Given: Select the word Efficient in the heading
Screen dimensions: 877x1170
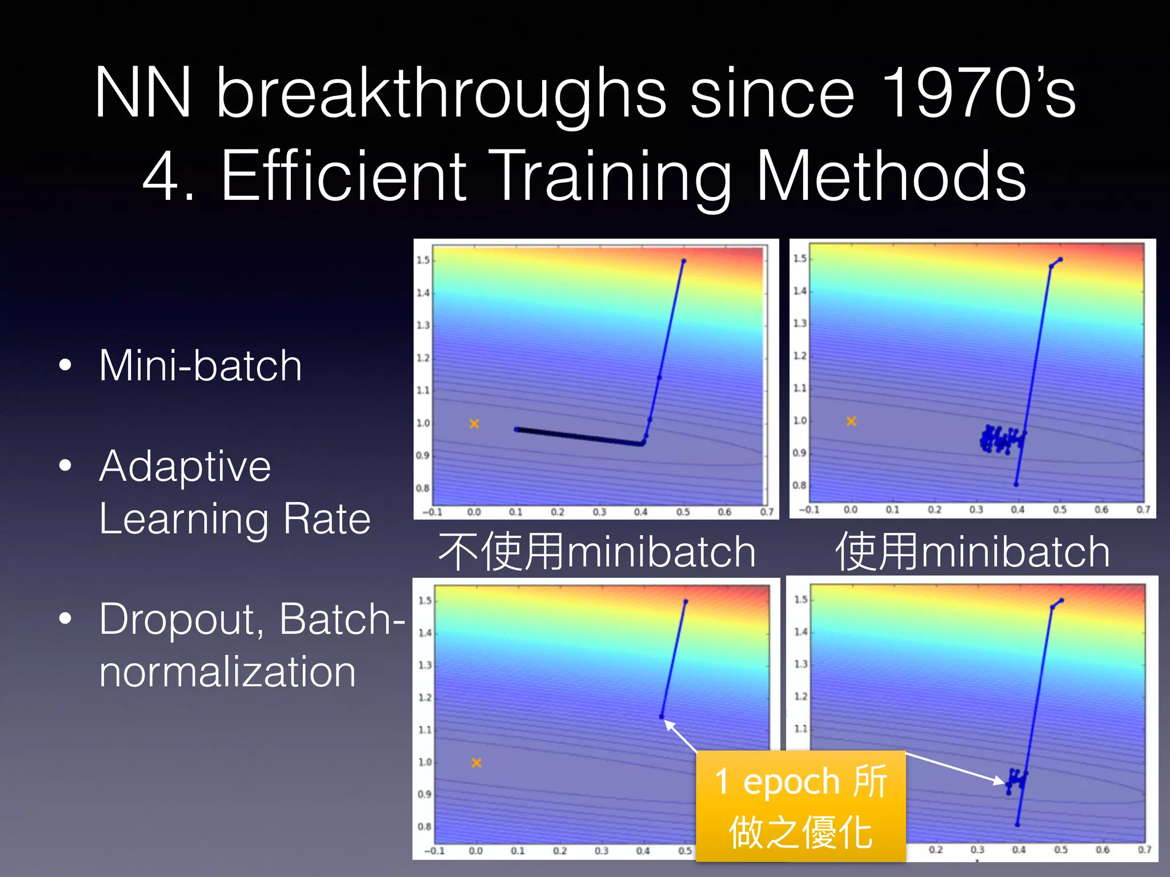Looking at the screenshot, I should (343, 176).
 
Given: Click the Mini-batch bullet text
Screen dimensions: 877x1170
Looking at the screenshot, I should (200, 365).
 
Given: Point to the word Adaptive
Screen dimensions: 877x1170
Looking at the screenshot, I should (185, 466).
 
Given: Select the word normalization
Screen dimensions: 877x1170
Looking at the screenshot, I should (227, 672).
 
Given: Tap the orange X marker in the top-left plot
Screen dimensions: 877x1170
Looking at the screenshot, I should (474, 424).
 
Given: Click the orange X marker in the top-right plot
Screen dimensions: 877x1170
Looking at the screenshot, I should (851, 421).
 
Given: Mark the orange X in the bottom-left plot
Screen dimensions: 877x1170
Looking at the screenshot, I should (476, 763).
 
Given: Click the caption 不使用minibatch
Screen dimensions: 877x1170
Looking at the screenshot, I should (597, 552).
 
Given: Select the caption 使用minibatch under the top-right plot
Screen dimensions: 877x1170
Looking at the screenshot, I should (972, 552).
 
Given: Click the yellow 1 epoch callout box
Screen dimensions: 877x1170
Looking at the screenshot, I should (801, 806).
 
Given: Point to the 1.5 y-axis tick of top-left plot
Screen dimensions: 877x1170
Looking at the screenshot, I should (423, 260).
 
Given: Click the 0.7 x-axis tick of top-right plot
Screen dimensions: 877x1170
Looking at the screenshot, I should (1143, 509).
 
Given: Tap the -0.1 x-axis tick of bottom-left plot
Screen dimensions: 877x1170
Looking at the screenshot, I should (434, 851).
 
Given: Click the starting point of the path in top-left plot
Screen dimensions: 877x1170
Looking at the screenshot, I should (683, 261).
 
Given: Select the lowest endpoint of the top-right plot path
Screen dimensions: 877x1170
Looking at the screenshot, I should (1016, 485).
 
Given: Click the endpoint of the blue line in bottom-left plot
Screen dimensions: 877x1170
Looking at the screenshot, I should (662, 717).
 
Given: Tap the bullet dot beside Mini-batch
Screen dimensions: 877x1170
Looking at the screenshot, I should (66, 365).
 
